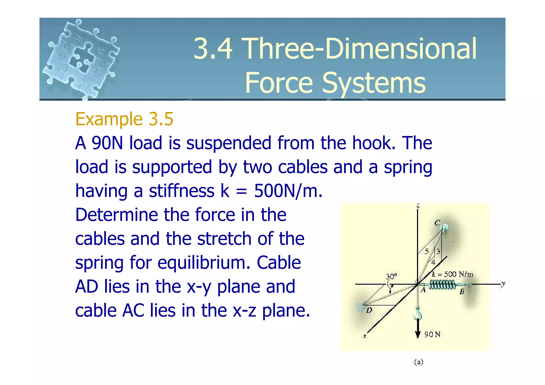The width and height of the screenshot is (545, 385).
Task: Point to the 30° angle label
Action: click(391, 276)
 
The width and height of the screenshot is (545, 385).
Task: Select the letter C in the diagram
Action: click(437, 223)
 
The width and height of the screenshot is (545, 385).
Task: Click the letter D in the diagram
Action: click(369, 310)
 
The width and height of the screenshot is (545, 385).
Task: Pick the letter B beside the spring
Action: click(462, 292)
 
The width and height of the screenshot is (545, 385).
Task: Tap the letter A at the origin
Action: click(423, 290)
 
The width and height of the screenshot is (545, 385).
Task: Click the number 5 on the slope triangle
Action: click(427, 251)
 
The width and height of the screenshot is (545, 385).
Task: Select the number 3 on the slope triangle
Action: click(438, 251)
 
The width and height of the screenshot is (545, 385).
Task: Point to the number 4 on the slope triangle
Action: click(433, 262)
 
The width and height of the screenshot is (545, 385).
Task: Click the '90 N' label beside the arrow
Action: click(432, 334)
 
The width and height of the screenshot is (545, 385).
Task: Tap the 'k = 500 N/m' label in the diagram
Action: click(452, 274)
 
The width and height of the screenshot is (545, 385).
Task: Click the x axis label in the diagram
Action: click(365, 336)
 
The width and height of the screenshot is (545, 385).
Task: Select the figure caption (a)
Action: click(419, 362)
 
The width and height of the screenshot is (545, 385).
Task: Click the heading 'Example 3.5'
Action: click(124, 119)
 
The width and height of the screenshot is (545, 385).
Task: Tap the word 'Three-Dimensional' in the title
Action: click(335, 49)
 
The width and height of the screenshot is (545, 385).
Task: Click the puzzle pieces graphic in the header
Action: click(81, 59)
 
